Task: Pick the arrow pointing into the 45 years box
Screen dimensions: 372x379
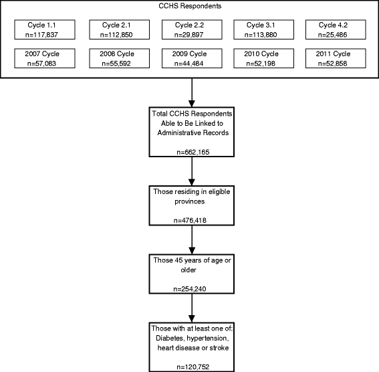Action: pos(192,238)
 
